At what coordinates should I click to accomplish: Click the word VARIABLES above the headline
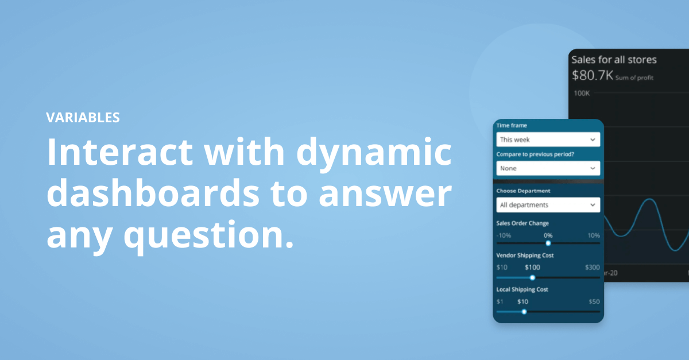pyautogui.click(x=83, y=118)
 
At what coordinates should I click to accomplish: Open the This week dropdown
pyautogui.click(x=548, y=140)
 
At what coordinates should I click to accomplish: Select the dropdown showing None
pyautogui.click(x=548, y=168)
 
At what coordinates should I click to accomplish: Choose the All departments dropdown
pyautogui.click(x=548, y=205)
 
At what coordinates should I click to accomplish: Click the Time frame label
pyautogui.click(x=512, y=125)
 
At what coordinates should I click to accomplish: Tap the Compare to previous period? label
pyautogui.click(x=535, y=154)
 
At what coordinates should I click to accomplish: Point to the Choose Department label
pyautogui.click(x=523, y=191)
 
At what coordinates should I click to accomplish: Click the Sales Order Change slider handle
pyautogui.click(x=548, y=243)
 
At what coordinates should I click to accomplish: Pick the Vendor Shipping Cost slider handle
pyautogui.click(x=532, y=277)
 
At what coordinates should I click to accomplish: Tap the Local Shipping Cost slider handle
pyautogui.click(x=524, y=312)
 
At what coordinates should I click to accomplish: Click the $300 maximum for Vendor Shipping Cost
pyautogui.click(x=592, y=268)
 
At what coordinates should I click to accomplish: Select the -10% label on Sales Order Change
pyautogui.click(x=504, y=235)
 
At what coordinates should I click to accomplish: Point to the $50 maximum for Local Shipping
pyautogui.click(x=594, y=302)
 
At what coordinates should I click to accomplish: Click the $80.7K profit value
pyautogui.click(x=593, y=75)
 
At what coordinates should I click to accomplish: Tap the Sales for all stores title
pyautogui.click(x=614, y=60)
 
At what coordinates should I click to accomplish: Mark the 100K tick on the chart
pyautogui.click(x=582, y=92)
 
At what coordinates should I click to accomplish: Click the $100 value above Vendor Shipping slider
pyautogui.click(x=532, y=268)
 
